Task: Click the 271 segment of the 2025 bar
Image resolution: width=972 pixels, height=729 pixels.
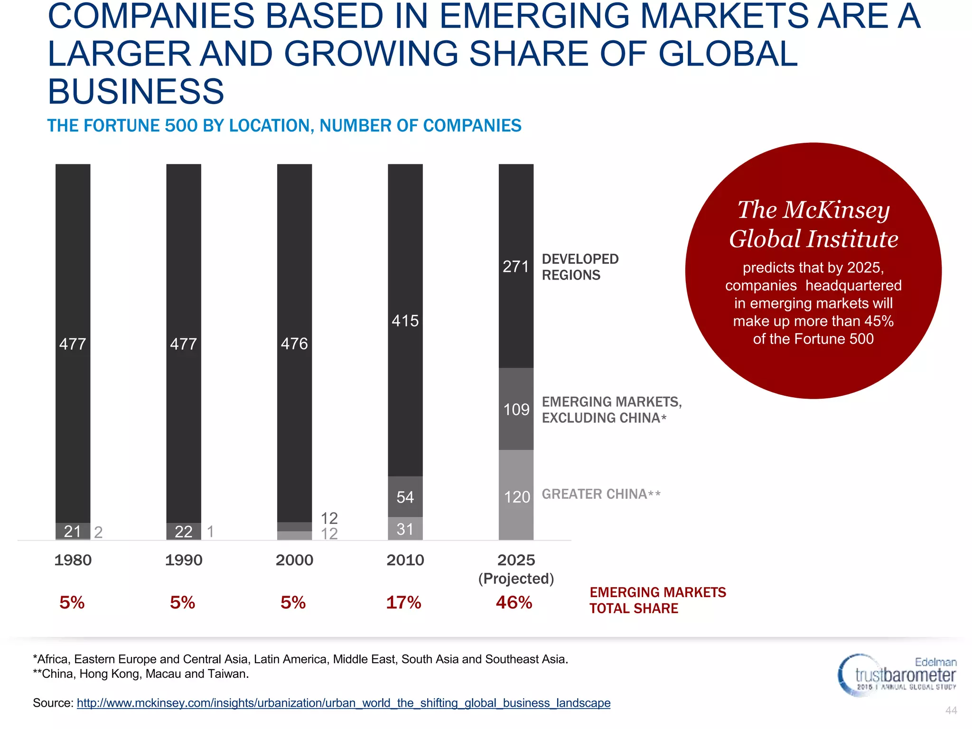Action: (516, 266)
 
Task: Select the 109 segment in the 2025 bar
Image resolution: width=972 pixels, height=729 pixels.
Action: (516, 409)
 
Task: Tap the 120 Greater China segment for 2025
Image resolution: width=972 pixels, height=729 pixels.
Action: (516, 496)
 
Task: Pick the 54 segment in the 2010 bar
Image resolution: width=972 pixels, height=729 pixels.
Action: (405, 497)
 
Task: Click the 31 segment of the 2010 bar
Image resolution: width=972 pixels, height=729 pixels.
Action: (405, 529)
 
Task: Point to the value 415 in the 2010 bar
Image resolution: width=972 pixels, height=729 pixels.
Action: (405, 321)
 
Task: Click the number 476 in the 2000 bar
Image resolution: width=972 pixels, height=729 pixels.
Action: (294, 344)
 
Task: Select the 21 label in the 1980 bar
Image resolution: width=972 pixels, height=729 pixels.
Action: (73, 532)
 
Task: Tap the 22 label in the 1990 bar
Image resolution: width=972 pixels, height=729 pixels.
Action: (184, 532)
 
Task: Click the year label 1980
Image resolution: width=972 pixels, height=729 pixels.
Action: (73, 560)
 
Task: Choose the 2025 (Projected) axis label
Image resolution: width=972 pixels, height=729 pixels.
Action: (516, 569)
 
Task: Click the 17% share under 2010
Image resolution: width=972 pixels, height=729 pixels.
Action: (403, 602)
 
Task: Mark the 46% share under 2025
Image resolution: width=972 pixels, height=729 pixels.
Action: (514, 602)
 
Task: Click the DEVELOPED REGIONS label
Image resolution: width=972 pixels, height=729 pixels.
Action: (580, 267)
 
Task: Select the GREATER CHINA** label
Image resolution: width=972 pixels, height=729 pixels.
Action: (601, 494)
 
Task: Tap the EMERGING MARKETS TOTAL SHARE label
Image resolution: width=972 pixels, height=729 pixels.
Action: (657, 600)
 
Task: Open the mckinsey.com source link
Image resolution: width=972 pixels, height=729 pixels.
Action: (344, 703)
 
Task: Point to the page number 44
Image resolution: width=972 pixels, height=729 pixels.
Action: (951, 710)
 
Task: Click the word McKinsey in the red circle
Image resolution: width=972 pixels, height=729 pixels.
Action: (836, 210)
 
